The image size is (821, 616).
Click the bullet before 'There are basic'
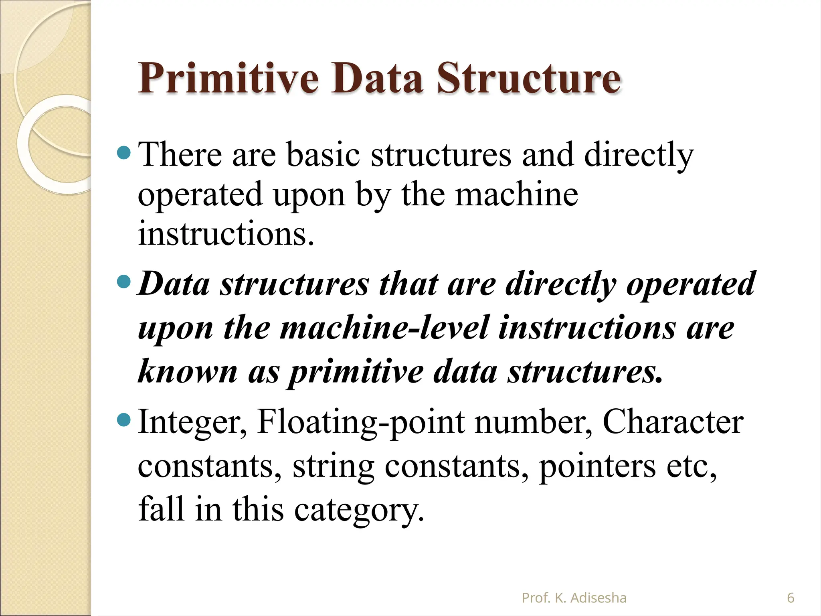point(124,153)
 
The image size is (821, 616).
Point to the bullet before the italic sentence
point(124,282)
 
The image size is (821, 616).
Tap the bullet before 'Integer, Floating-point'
point(124,420)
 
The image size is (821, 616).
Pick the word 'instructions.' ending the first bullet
point(226,234)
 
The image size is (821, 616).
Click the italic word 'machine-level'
point(385,328)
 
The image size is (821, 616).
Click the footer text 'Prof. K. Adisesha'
point(574,598)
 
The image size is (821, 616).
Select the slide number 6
point(791,598)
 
